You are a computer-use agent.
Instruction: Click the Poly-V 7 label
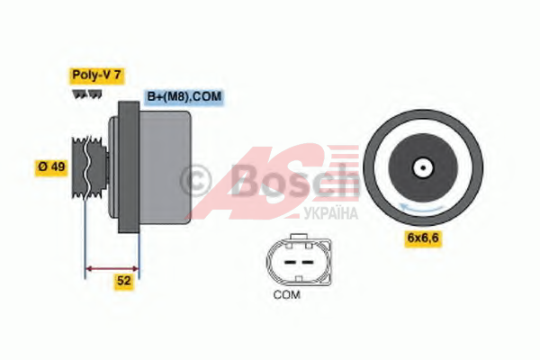pyautogui.click(x=97, y=76)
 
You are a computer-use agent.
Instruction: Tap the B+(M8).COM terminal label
pyautogui.click(x=184, y=96)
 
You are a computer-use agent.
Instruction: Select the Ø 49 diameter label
pyautogui.click(x=51, y=167)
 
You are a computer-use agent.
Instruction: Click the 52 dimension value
pyautogui.click(x=124, y=281)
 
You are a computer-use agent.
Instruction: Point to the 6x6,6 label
pyautogui.click(x=423, y=238)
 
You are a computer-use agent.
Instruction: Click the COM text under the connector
pyautogui.click(x=286, y=295)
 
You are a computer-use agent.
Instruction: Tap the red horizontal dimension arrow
pyautogui.click(x=112, y=269)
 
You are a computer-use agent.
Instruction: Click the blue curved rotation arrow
pyautogui.click(x=422, y=208)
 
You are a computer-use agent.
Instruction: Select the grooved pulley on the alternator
pyautogui.click(x=89, y=167)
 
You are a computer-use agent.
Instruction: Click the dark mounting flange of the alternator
pyautogui.click(x=129, y=166)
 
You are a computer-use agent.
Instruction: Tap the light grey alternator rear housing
pyautogui.click(x=165, y=167)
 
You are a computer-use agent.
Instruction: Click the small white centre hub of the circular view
pyautogui.click(x=423, y=167)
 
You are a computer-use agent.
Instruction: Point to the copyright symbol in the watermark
pyautogui.click(x=195, y=181)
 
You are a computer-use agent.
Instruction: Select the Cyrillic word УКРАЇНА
pyautogui.click(x=331, y=213)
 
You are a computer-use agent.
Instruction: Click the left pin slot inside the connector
pyautogui.click(x=290, y=263)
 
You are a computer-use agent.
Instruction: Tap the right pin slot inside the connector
pyautogui.click(x=307, y=263)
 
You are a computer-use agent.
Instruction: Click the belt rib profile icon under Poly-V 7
pyautogui.click(x=87, y=94)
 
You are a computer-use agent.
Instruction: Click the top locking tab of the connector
pyautogui.click(x=299, y=237)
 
